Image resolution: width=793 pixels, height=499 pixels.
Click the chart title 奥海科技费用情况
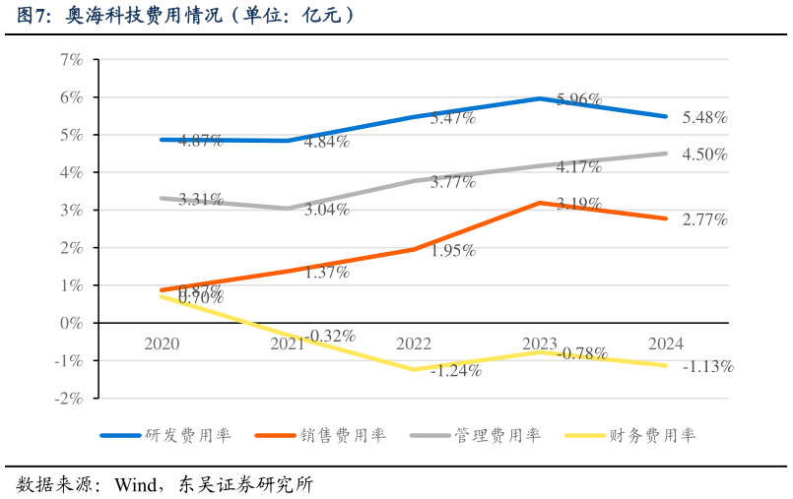pos(187,16)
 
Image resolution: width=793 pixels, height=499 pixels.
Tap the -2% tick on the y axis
pos(68,399)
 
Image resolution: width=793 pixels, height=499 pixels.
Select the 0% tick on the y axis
pos(70,323)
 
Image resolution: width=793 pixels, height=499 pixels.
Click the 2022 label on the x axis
pos(414,343)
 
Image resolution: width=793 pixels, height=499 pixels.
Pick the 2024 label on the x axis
pos(666,343)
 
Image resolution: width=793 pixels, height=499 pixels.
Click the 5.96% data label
pos(579,98)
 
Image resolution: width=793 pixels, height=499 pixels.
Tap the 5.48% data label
pos(704,117)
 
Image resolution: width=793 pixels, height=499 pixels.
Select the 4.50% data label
pos(704,155)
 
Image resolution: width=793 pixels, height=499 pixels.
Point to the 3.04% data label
pos(326,210)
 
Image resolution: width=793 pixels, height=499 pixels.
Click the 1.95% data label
pos(452,251)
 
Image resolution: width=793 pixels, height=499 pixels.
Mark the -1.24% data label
pos(455,371)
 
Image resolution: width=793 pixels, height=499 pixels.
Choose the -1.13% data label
pos(708,367)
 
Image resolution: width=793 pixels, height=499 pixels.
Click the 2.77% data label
pos(704,220)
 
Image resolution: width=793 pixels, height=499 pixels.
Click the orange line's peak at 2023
pos(540,203)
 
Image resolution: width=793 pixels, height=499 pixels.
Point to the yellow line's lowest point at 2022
pos(414,369)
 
